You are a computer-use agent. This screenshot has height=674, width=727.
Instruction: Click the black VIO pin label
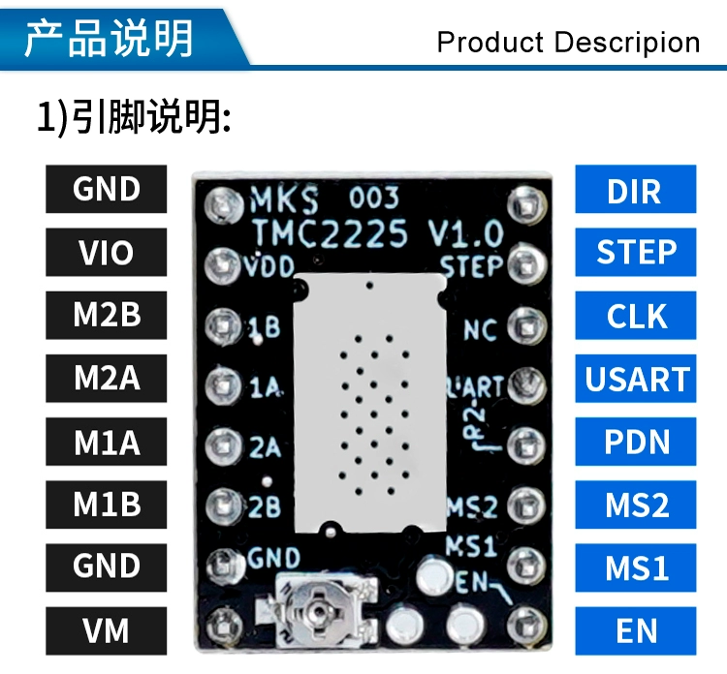(x=106, y=252)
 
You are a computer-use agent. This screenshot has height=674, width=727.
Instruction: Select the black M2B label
(x=106, y=315)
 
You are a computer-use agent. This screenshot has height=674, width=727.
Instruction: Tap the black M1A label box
(x=106, y=442)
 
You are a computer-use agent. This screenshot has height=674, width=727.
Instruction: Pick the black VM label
(x=106, y=631)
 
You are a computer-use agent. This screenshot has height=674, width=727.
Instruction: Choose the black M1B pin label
(x=106, y=505)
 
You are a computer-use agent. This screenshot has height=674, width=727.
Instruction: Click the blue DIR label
(x=635, y=190)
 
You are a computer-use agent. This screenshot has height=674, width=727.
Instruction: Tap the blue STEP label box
(x=635, y=252)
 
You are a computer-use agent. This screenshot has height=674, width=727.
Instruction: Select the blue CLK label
(x=635, y=316)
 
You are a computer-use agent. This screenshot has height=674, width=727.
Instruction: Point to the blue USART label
(x=635, y=379)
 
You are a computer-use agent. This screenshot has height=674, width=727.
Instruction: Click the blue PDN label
(x=635, y=442)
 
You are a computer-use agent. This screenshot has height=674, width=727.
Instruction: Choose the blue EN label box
(x=635, y=631)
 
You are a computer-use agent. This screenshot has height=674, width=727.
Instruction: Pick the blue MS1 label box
(x=635, y=567)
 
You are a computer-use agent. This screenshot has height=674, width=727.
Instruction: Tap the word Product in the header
(x=490, y=43)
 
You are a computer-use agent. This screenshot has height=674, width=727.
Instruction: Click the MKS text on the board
(x=285, y=201)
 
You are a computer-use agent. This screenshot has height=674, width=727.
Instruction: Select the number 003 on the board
(x=373, y=199)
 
